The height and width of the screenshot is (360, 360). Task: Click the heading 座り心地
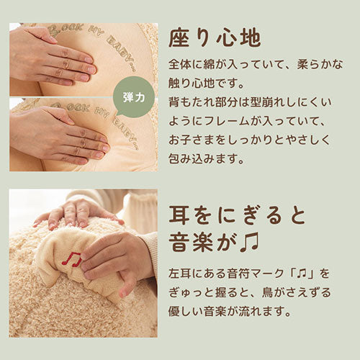(x=215, y=39)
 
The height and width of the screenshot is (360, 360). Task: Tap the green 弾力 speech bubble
(x=134, y=97)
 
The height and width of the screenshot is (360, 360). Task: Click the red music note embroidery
(x=72, y=260)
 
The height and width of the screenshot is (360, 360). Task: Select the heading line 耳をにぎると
(x=237, y=215)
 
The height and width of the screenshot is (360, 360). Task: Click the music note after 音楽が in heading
(x=249, y=242)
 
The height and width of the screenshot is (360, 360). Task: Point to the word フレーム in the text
(x=227, y=121)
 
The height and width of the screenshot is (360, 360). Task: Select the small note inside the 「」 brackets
(x=302, y=274)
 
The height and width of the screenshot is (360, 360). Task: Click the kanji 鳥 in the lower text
(x=267, y=292)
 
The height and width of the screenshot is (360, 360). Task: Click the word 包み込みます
(x=203, y=159)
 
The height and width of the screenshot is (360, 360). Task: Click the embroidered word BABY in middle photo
(x=126, y=131)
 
